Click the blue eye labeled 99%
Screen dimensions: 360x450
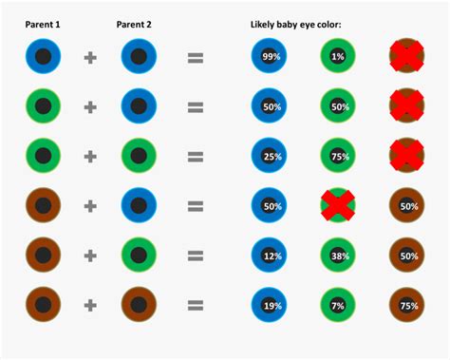coord(270,57)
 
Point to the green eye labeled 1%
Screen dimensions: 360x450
coord(339,57)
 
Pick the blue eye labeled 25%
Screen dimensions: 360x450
coord(270,156)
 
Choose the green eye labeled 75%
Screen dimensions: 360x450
coord(339,156)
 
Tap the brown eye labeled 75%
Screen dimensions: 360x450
coord(408,305)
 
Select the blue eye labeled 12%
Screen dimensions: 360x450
coord(270,256)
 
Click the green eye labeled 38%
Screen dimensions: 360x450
coord(339,256)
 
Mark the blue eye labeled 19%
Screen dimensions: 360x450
coord(270,305)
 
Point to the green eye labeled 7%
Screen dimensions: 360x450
coord(339,305)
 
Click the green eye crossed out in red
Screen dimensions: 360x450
coord(339,205)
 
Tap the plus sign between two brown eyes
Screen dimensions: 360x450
coord(90,305)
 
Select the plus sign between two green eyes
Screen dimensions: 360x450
coord(90,156)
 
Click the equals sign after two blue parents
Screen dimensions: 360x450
coord(196,57)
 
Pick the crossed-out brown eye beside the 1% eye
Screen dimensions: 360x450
coord(408,57)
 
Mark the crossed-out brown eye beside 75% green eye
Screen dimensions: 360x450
coord(408,156)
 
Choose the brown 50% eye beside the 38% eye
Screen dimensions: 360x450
coord(408,256)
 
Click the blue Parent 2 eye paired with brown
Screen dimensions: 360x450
coord(139,205)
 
